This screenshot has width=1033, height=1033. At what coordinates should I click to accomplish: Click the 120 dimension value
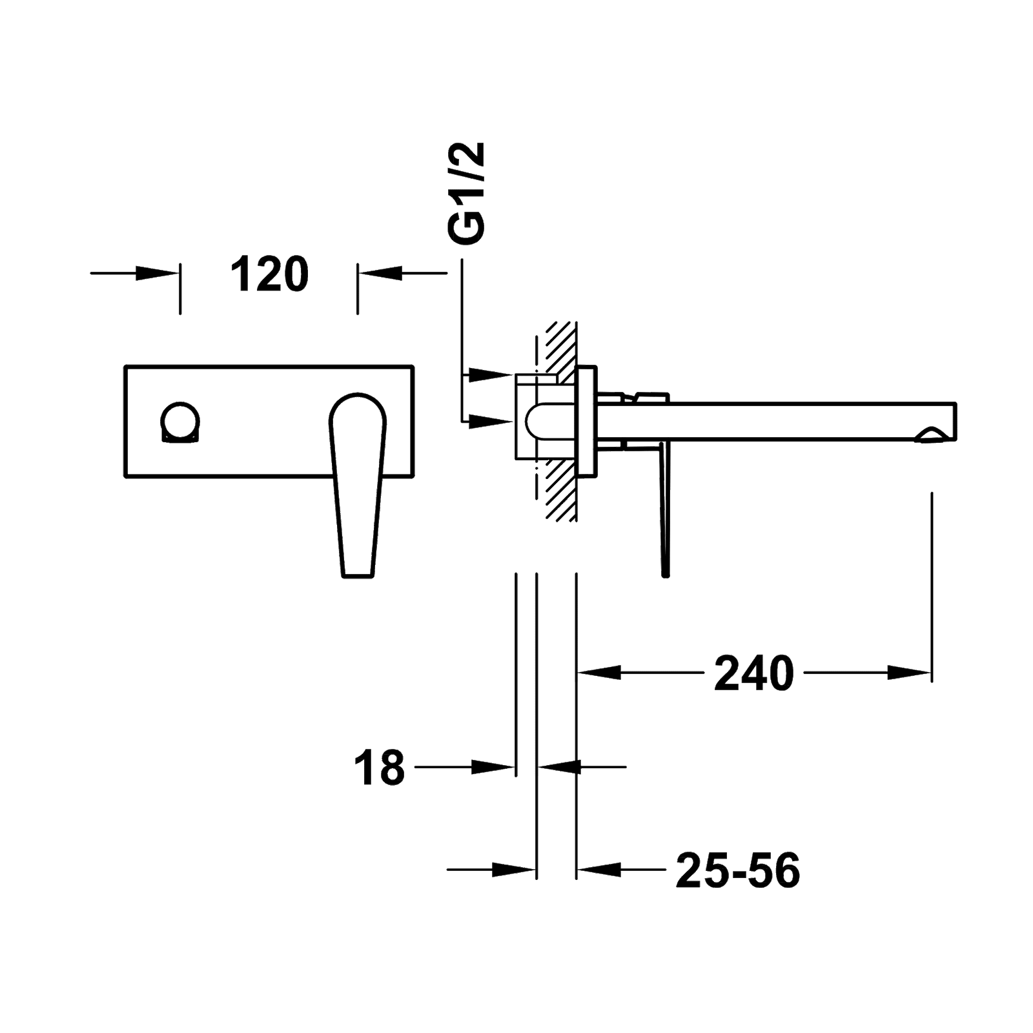click(270, 274)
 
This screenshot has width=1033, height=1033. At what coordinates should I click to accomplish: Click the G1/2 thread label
click(466, 193)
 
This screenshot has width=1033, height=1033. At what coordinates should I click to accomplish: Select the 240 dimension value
click(753, 673)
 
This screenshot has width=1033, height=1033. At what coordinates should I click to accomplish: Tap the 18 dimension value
click(379, 768)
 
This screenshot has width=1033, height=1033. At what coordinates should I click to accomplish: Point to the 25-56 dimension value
click(738, 870)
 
